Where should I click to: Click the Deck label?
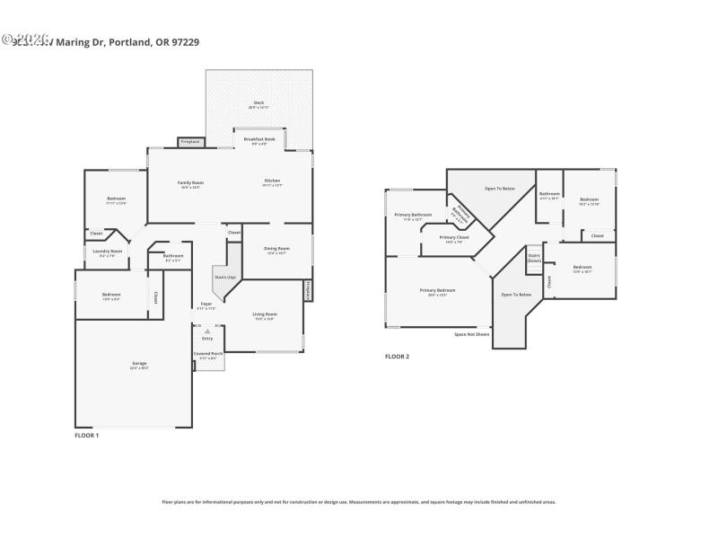(x=258, y=105)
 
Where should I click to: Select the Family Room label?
(x=189, y=184)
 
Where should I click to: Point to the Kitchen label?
(x=272, y=183)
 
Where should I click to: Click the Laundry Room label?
(x=108, y=252)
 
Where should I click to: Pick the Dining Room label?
(x=277, y=251)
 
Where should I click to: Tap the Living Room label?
(x=265, y=315)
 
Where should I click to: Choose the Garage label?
(x=139, y=365)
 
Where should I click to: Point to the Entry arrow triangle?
(x=207, y=331)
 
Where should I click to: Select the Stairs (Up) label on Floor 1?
(x=225, y=278)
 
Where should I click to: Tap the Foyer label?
(x=206, y=305)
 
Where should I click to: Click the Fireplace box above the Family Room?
(x=190, y=142)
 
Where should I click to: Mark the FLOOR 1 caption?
(x=86, y=435)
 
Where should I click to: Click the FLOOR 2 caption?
(x=397, y=357)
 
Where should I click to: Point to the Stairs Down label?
(x=534, y=257)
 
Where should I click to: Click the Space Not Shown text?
(x=472, y=334)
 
